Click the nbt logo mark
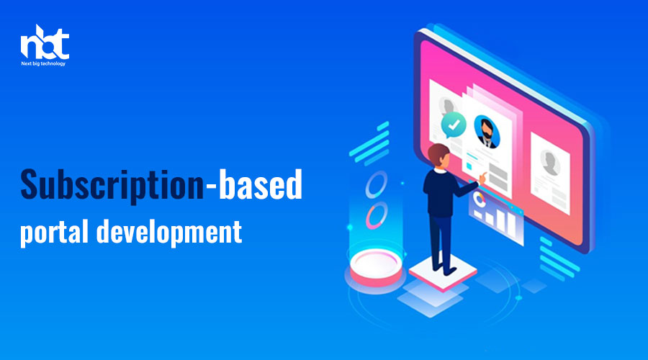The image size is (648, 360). click(45, 42)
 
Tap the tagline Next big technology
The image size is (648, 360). click(43, 63)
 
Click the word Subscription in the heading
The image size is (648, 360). click(112, 185)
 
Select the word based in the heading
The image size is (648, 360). click(261, 184)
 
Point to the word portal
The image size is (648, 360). click(54, 232)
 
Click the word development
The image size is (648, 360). click(169, 232)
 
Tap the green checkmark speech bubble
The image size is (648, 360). click(453, 125)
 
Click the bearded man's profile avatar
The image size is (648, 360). click(487, 131)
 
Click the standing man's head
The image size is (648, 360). click(439, 155)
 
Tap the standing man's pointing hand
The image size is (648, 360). click(482, 178)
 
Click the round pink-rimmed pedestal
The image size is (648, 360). click(376, 268)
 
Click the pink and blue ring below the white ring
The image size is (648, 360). click(376, 215)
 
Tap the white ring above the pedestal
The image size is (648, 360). click(376, 184)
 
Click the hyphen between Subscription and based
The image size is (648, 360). click(211, 189)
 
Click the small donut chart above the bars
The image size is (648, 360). click(479, 199)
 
